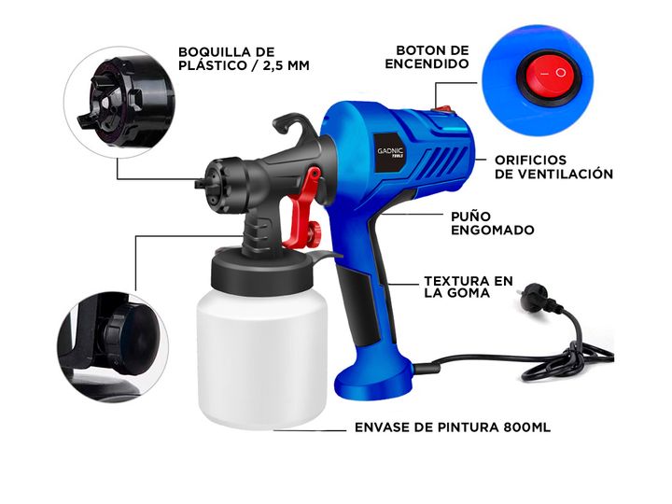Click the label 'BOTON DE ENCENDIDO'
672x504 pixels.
(x=427, y=57)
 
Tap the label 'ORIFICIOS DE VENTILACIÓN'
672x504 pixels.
(x=553, y=167)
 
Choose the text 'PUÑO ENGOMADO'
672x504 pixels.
(x=493, y=223)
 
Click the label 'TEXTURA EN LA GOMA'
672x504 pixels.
(x=469, y=287)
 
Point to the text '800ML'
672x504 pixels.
(x=527, y=427)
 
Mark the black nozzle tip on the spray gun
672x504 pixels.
(x=201, y=184)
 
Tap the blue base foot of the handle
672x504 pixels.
(x=372, y=378)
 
